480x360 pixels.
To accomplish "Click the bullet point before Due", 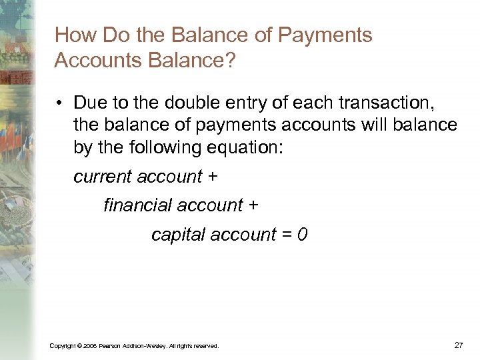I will point(59,103).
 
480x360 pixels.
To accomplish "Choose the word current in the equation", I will point(101,177).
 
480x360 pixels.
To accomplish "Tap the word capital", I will point(176,235).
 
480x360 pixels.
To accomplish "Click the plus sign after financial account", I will point(253,205).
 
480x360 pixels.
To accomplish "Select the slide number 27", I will point(458,345).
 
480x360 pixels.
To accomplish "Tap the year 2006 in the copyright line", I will point(91,345).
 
